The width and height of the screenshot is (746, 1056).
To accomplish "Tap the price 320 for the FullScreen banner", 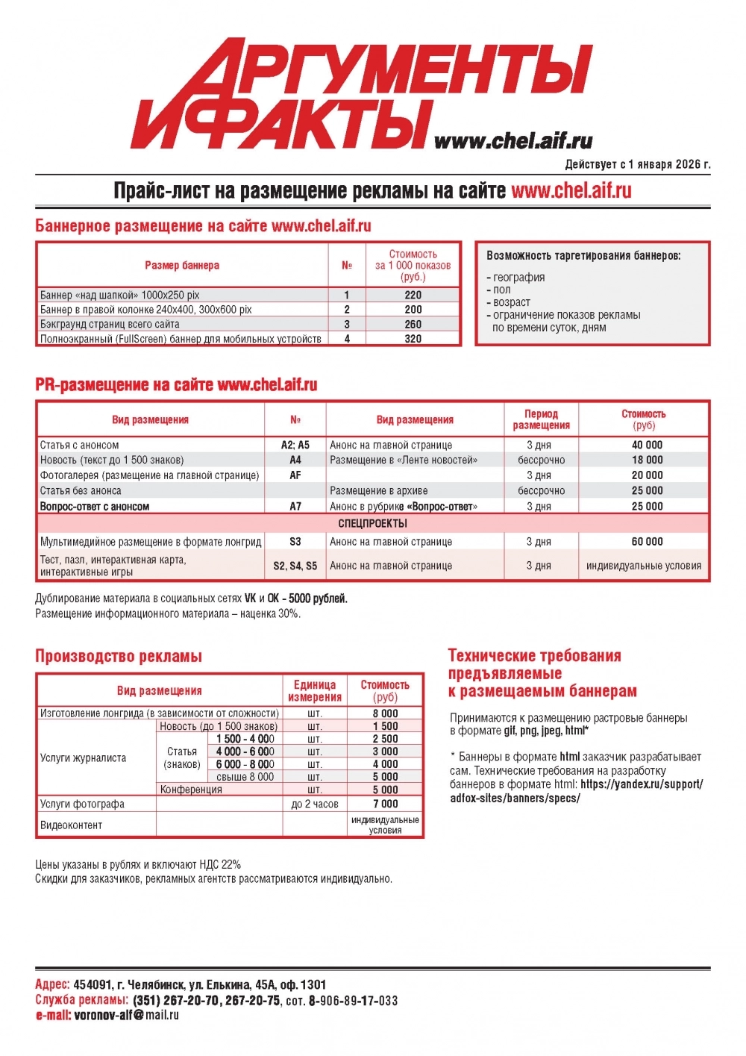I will [x=413, y=339].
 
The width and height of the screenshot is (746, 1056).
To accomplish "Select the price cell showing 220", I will [x=413, y=295].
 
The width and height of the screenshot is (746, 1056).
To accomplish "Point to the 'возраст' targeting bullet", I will [x=511, y=302].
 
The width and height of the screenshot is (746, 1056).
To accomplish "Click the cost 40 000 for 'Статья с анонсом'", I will [x=646, y=445].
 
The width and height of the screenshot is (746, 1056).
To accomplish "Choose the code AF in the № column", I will [x=295, y=475].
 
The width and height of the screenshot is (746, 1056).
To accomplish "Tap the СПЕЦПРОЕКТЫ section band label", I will [x=372, y=523].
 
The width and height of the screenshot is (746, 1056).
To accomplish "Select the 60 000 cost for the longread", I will [x=646, y=542].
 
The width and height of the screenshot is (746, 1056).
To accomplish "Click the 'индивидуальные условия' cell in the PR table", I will [x=643, y=566].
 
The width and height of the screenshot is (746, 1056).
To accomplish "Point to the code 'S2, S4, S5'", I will [x=295, y=566].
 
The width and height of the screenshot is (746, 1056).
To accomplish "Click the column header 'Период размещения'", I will [x=541, y=419].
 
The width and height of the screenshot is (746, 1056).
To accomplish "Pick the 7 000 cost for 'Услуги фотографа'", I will [x=385, y=804].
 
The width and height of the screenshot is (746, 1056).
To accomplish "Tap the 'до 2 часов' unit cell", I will [x=315, y=804].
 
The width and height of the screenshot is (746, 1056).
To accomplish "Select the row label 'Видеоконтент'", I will [x=71, y=825].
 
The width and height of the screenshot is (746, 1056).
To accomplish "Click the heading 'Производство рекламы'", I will [x=119, y=657].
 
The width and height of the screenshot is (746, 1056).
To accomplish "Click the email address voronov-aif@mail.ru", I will [x=126, y=1015].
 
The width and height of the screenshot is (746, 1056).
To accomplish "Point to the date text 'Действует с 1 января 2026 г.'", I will [x=637, y=164].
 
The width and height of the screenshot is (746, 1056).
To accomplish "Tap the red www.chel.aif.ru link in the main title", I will [x=571, y=191].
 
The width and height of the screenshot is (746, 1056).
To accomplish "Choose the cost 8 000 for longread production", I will [x=385, y=713].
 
